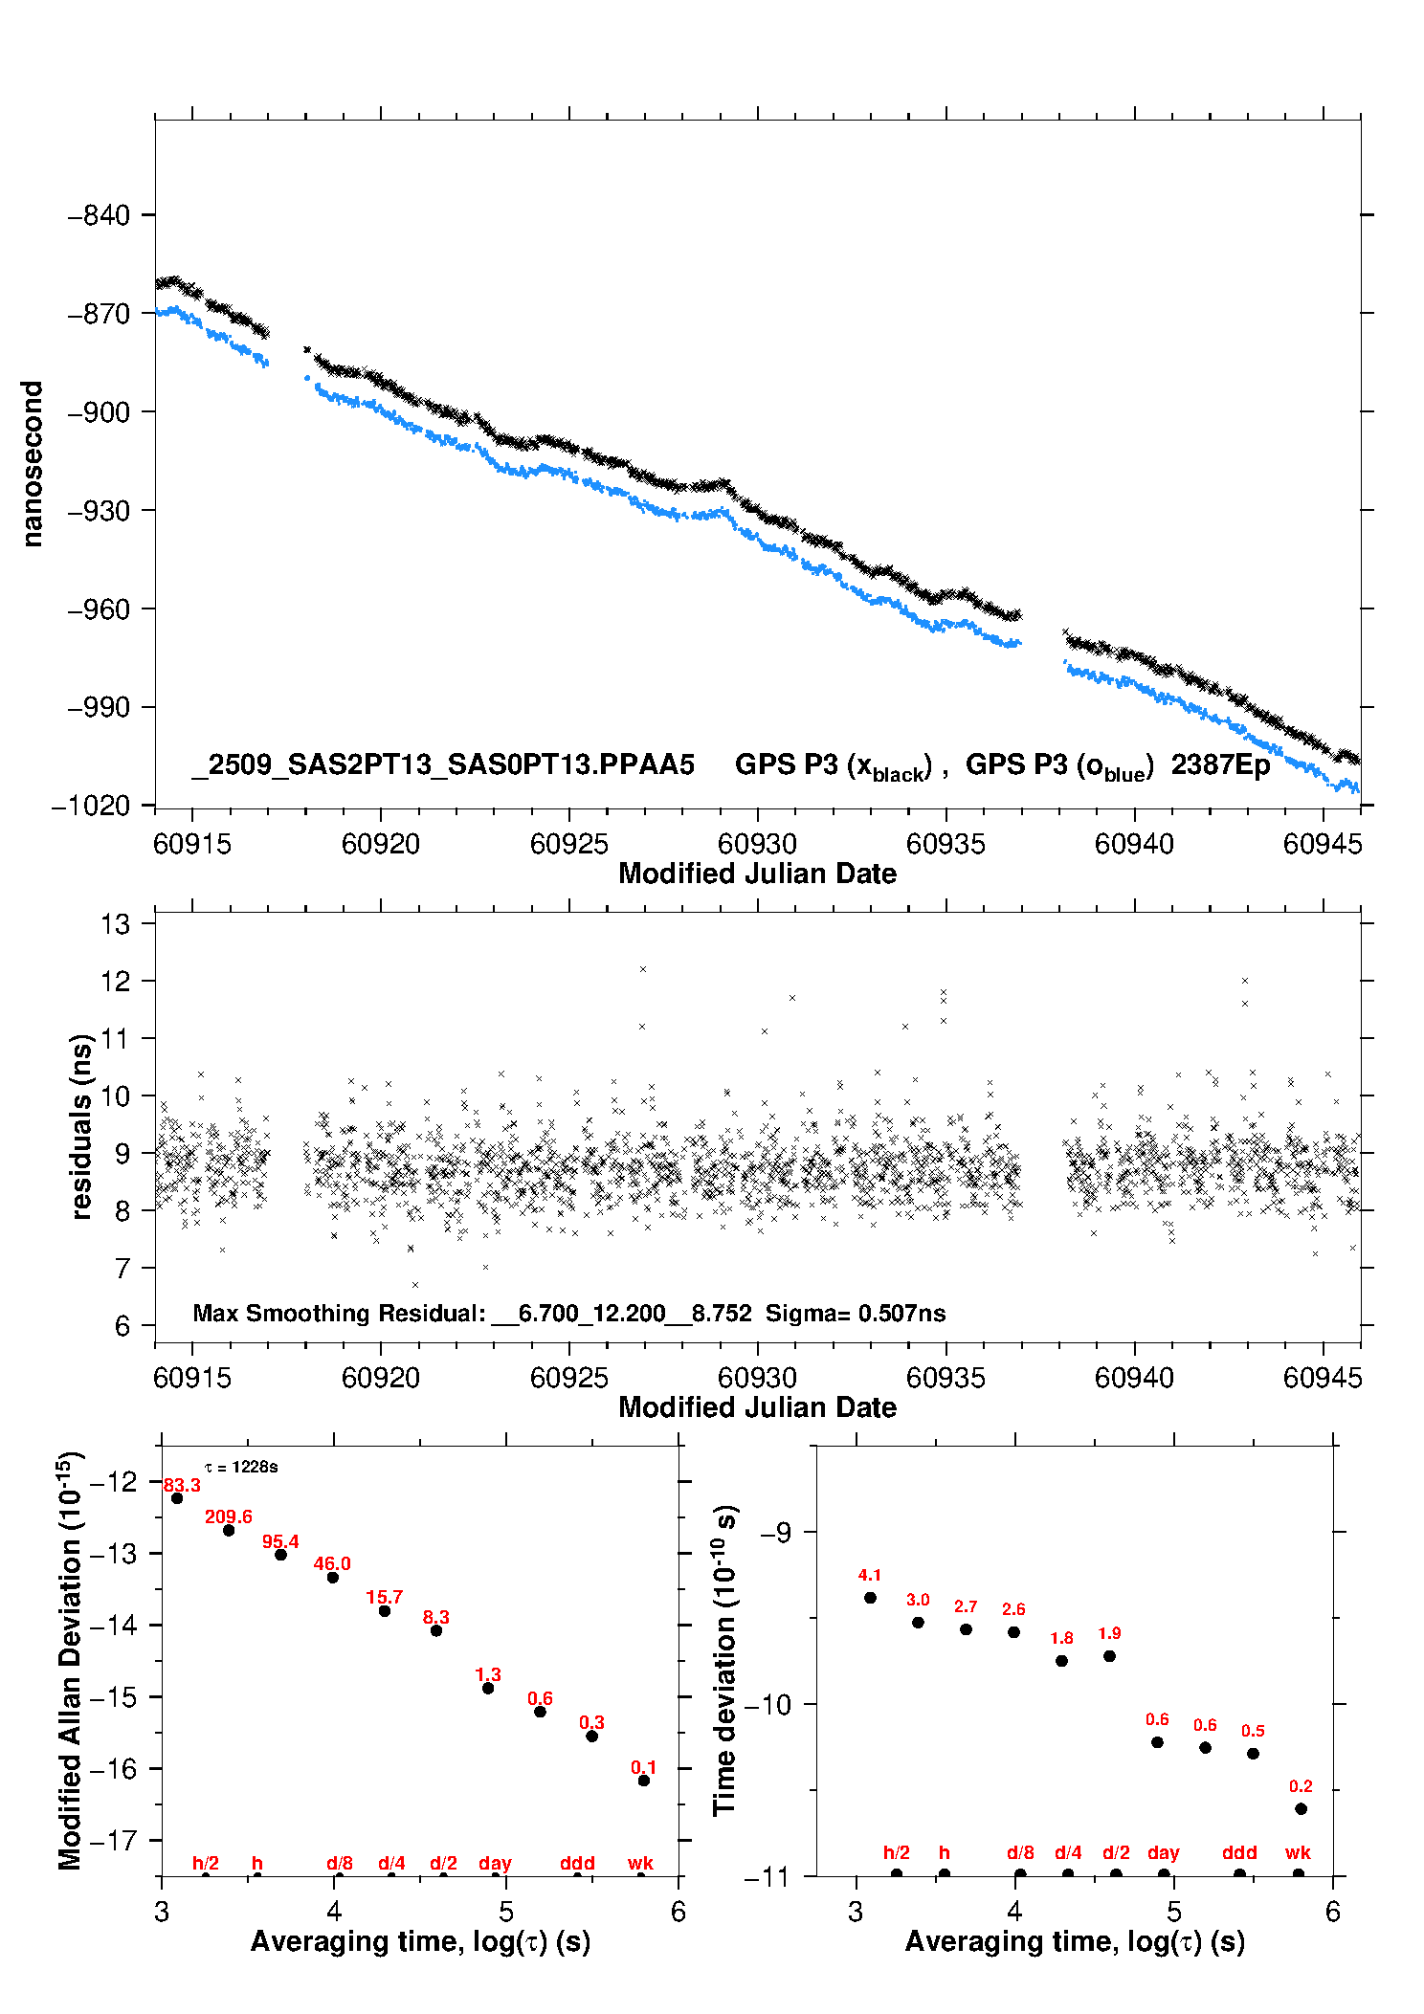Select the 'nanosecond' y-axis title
pyautogui.click(x=33, y=464)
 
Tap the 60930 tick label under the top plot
pyautogui.click(x=757, y=844)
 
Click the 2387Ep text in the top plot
pyautogui.click(x=1220, y=765)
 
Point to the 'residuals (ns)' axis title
pyautogui.click(x=82, y=1127)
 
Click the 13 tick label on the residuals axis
pyautogui.click(x=115, y=924)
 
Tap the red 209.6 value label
pyautogui.click(x=229, y=1517)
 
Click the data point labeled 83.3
pyautogui.click(x=177, y=1498)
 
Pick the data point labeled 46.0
pyautogui.click(x=333, y=1578)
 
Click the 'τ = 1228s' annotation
pyautogui.click(x=241, y=1468)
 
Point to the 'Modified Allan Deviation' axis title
pyautogui.click(x=70, y=1660)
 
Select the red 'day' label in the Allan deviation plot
pyautogui.click(x=495, y=1863)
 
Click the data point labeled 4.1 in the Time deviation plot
pyautogui.click(x=870, y=1598)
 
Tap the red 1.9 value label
pyautogui.click(x=1109, y=1633)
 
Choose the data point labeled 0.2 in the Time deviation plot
pyautogui.click(x=1301, y=1809)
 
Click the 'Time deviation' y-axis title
pyautogui.click(x=724, y=1660)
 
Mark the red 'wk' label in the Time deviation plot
pyautogui.click(x=1298, y=1853)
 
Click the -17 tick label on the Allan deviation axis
pyautogui.click(x=113, y=1841)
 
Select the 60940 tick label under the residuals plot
pyautogui.click(x=1134, y=1378)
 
